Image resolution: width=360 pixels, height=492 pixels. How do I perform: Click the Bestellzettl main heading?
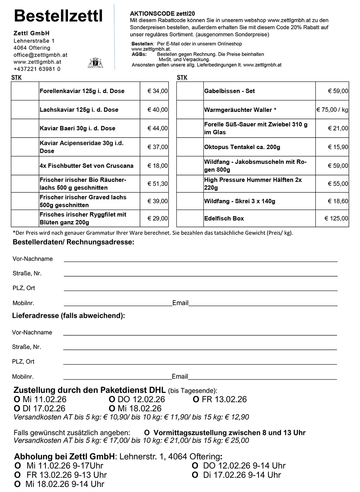(58, 16)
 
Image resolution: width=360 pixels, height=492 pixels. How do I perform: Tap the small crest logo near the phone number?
(95, 63)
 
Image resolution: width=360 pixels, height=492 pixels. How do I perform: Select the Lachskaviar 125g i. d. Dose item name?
(79, 110)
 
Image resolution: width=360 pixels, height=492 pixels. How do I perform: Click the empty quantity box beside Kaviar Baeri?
(25, 128)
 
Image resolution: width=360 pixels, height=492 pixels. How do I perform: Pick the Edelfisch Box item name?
(224, 218)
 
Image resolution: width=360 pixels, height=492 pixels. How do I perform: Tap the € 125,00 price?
(336, 218)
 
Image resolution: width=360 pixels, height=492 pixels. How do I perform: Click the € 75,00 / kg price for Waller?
(332, 110)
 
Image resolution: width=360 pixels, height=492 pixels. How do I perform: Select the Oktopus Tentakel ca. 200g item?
(242, 147)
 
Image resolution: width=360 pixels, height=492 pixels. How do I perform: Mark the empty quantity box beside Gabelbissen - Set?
(190, 91)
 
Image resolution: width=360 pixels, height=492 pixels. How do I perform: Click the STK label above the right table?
(182, 77)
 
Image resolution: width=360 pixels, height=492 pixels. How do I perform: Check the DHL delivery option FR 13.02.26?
(196, 399)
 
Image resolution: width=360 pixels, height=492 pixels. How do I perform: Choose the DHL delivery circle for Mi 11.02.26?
(17, 399)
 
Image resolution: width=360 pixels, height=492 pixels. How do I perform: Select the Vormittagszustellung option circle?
(147, 433)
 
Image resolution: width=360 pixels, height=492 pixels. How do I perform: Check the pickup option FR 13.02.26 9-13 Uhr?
(17, 475)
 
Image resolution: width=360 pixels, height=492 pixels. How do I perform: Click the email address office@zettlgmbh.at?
(40, 55)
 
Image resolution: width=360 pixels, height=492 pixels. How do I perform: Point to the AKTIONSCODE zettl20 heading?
(159, 13)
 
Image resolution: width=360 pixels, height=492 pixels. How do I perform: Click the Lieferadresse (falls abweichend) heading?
(68, 316)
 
